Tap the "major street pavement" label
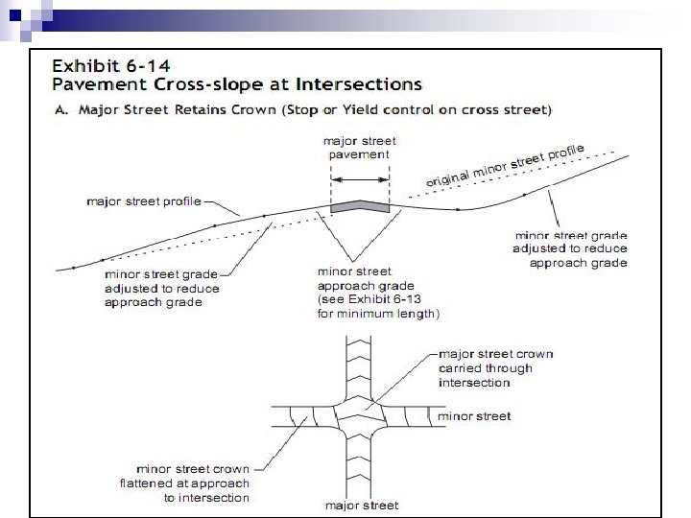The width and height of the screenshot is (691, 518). click(x=359, y=147)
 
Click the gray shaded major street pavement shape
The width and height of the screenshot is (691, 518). click(x=360, y=206)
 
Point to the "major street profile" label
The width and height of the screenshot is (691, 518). click(x=144, y=202)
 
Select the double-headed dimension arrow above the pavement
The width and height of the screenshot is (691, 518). click(x=360, y=178)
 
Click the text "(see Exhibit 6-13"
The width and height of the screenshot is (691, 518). click(x=367, y=298)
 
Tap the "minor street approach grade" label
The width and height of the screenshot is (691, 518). click(x=365, y=278)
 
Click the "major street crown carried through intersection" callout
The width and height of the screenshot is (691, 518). click(x=495, y=368)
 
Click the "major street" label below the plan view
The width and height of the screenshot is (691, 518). click(x=360, y=506)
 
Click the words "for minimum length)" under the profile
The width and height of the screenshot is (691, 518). click(x=377, y=313)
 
